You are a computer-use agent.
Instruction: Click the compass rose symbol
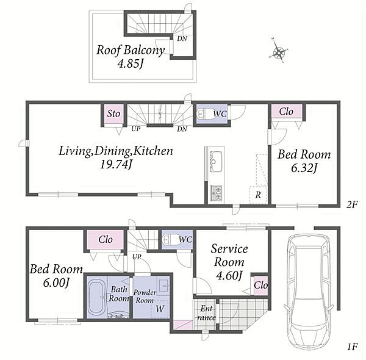[x=279, y=51]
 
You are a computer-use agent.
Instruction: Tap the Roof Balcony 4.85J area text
[x=131, y=57]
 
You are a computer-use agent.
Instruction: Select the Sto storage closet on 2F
[x=113, y=114]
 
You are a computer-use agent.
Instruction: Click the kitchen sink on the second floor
[x=216, y=161]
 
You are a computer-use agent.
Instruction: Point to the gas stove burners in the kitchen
[x=216, y=193]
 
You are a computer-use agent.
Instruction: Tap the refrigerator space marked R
[x=258, y=195]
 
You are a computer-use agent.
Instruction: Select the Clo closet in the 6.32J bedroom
[x=287, y=112]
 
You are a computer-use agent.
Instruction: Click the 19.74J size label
[x=116, y=165]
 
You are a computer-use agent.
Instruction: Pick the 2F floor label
[x=352, y=204]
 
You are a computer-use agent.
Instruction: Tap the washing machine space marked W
[x=160, y=309]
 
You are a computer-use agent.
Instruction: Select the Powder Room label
[x=145, y=297]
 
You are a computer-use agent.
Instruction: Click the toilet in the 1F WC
[x=170, y=240]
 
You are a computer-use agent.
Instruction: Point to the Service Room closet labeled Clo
[x=260, y=285]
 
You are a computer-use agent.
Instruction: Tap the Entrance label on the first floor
[x=206, y=313]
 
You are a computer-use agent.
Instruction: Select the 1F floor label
[x=353, y=347]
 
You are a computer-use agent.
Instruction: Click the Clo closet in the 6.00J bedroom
[x=106, y=240]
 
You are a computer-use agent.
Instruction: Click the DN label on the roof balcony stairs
[x=182, y=38]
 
